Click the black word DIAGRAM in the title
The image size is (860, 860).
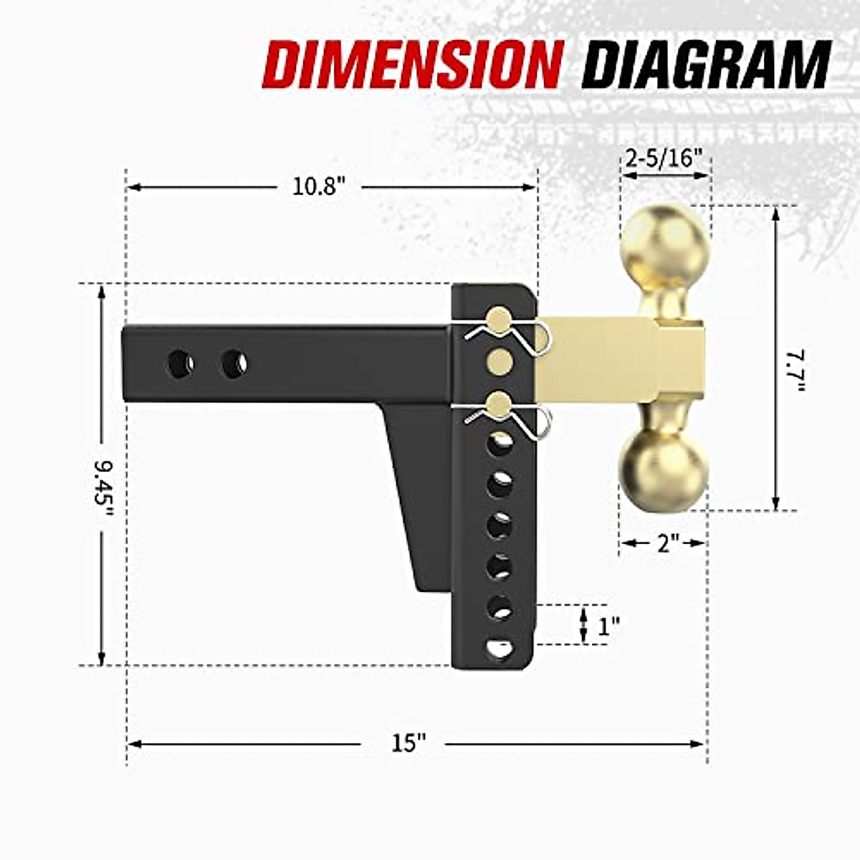click(706, 64)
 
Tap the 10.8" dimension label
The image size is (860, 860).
click(319, 187)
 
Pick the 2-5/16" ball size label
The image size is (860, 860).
click(663, 158)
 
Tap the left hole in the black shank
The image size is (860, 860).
click(179, 364)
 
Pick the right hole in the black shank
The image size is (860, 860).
click(234, 364)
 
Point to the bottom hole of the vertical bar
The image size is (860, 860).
click(500, 649)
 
